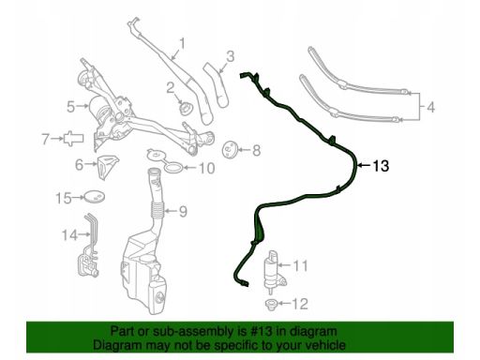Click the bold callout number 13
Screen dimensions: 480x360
pos(381,166)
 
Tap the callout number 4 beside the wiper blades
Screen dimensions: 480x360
pos(430,107)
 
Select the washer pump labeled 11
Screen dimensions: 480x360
pos(274,272)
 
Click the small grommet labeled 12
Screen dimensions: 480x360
pos(270,304)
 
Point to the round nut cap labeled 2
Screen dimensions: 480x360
pos(186,108)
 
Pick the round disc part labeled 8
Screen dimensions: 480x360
pos(230,149)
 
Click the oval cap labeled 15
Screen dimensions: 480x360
pos(95,197)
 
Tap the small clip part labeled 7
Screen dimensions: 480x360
pos(73,138)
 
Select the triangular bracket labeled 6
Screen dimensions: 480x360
pos(108,166)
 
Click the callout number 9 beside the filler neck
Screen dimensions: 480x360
pos(183,212)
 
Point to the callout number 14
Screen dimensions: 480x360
pos(69,234)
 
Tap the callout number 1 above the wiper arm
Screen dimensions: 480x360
pos(182,44)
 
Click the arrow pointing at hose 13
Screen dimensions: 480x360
pos(364,166)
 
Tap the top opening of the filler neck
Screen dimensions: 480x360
pos(154,172)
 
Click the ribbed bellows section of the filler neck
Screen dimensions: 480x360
pos(158,209)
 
